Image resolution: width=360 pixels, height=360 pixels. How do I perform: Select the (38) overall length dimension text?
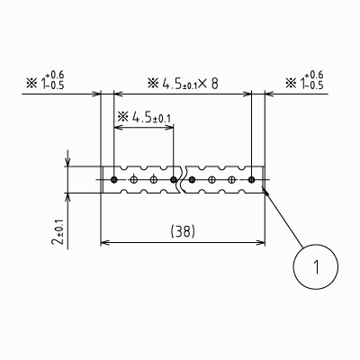(x=183, y=231)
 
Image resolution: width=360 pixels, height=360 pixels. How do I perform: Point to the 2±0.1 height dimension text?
(x=58, y=231)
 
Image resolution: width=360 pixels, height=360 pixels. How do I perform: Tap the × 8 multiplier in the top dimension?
(x=208, y=84)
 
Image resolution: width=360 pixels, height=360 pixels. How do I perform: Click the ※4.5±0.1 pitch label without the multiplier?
(x=144, y=117)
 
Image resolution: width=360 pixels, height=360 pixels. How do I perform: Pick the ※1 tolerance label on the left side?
(x=45, y=80)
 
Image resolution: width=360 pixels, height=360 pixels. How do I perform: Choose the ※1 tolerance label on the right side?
(x=304, y=80)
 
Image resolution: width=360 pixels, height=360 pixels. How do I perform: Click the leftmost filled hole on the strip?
(x=113, y=180)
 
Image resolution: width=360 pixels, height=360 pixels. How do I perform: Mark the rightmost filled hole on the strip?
(x=252, y=180)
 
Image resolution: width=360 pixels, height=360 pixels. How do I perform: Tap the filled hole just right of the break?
(x=192, y=180)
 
